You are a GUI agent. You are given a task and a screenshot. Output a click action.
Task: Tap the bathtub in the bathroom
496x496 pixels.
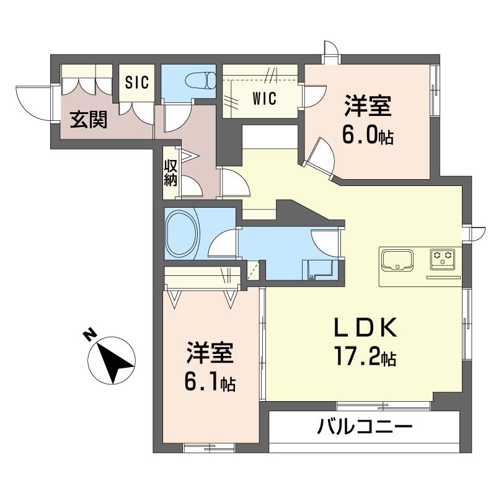(183, 234)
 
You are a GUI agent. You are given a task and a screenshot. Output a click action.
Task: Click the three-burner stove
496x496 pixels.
(443, 257)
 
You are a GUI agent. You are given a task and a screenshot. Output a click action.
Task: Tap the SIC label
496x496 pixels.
(137, 82)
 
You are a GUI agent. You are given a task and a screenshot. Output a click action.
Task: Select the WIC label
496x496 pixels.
(264, 99)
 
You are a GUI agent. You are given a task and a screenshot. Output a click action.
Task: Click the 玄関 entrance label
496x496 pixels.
(87, 118)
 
